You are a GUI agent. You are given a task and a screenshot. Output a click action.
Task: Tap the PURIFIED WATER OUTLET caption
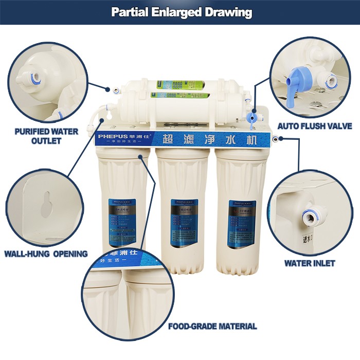coord(46,136)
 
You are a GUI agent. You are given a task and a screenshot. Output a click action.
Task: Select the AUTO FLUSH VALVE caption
coord(315,126)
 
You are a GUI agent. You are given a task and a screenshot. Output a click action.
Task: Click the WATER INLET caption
coord(310,263)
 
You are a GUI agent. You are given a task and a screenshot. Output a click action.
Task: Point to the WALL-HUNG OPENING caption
coord(46,254)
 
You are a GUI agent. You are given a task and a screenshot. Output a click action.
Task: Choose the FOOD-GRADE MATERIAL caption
coord(212,326)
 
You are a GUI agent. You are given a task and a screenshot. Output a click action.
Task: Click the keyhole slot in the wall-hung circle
coord(46,203)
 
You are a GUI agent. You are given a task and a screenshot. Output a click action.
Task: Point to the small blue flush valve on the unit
coord(252,118)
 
